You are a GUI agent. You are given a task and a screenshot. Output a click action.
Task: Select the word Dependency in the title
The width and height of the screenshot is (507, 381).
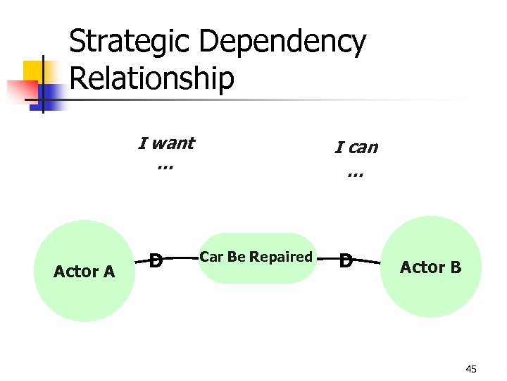(282, 42)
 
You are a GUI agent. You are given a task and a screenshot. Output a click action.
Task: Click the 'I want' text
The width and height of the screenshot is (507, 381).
(166, 143)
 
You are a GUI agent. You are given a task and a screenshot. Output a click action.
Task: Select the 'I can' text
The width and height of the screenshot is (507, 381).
(356, 147)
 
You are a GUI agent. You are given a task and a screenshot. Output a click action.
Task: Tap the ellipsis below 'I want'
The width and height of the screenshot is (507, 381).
(165, 167)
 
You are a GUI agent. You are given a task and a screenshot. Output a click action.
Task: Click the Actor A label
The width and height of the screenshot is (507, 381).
(84, 272)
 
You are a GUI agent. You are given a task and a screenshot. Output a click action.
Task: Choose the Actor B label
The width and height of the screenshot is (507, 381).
(431, 267)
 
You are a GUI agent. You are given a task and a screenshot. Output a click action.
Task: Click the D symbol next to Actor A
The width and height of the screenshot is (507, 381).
(157, 260)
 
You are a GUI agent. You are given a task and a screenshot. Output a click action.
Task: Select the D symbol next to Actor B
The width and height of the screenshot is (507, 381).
(346, 261)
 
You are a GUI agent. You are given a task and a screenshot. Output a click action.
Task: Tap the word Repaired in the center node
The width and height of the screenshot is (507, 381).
(282, 257)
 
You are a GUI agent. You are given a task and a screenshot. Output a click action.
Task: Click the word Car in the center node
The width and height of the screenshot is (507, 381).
(211, 257)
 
